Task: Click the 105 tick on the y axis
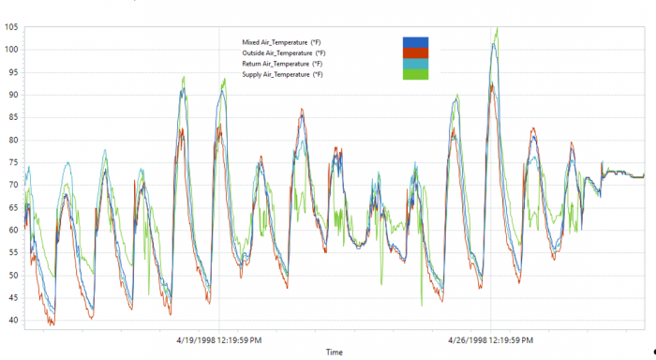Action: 10,26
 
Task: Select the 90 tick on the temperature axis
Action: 12,94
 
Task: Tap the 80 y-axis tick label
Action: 12,139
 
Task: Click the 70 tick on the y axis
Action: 12,185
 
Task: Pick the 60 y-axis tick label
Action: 12,230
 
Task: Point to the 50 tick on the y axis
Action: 12,275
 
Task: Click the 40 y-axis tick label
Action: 12,320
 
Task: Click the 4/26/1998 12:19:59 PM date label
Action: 490,340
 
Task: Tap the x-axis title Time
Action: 334,352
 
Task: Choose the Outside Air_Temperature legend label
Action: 283,52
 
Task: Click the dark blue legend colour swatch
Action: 416,42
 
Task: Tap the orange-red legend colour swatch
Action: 416,52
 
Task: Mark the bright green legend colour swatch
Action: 416,74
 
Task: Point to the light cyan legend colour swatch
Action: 416,64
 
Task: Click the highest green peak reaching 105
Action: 497,28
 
